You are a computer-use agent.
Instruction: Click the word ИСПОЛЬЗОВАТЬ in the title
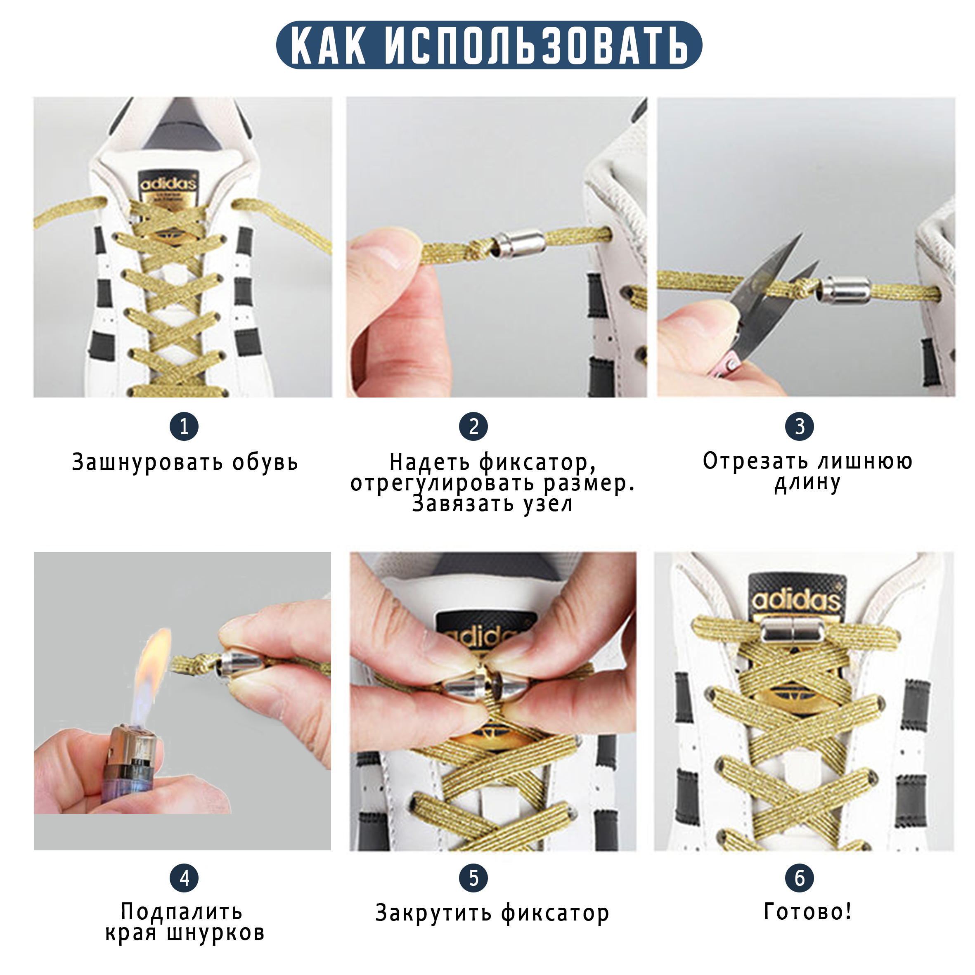coord(536,46)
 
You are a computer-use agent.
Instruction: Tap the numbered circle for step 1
coord(184,426)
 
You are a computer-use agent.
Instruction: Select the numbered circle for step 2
coord(473,426)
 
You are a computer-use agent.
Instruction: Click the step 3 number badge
coord(800,426)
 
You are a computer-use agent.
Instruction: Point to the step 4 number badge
coord(184,878)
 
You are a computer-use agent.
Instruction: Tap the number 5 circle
coord(473,878)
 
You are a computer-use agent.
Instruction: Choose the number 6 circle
coord(800,878)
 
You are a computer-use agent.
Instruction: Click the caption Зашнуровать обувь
coord(185,462)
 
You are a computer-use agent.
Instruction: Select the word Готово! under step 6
coord(808,911)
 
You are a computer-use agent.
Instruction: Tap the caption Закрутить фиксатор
coord(492,913)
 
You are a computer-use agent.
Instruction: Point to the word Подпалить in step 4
coord(182,911)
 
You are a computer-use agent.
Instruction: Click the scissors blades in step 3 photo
coord(772,298)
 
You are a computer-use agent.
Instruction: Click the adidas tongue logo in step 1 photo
coord(168,186)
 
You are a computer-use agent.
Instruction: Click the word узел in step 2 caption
coord(548,504)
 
